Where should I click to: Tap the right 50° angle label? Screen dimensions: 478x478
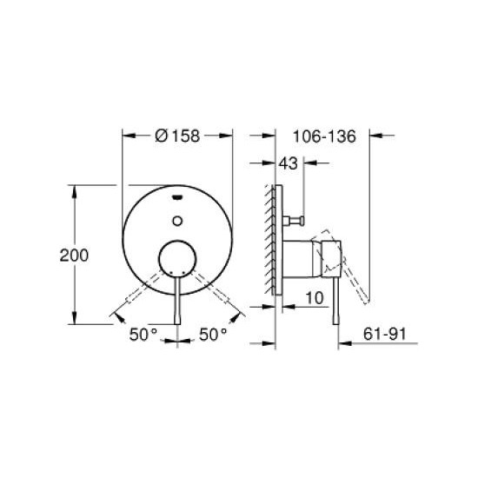click(213, 333)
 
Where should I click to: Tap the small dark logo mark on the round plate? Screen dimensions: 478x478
click(177, 196)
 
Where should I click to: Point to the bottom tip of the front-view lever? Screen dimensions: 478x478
click(177, 319)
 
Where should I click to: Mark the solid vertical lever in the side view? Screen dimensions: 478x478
click(332, 300)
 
